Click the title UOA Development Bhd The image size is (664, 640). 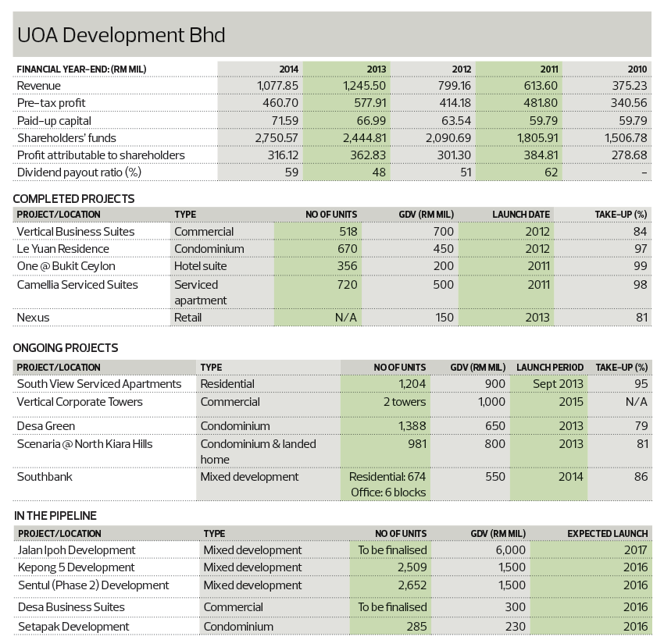click(121, 34)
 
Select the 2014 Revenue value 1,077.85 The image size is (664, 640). click(277, 86)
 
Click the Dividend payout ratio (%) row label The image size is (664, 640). click(79, 172)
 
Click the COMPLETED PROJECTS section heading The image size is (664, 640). click(73, 199)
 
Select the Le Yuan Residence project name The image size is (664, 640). click(63, 249)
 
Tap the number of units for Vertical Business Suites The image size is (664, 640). click(348, 232)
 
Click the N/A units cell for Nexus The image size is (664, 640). click(345, 318)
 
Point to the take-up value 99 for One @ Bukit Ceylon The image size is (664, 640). click(641, 266)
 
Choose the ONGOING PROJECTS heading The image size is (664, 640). click(66, 348)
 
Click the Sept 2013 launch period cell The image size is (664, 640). click(558, 384)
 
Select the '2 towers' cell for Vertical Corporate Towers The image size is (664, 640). click(405, 402)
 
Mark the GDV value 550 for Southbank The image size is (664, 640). click(495, 477)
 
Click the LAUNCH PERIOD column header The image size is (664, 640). click(550, 368)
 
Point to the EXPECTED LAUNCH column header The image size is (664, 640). click(608, 534)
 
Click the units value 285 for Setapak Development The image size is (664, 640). click(416, 627)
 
